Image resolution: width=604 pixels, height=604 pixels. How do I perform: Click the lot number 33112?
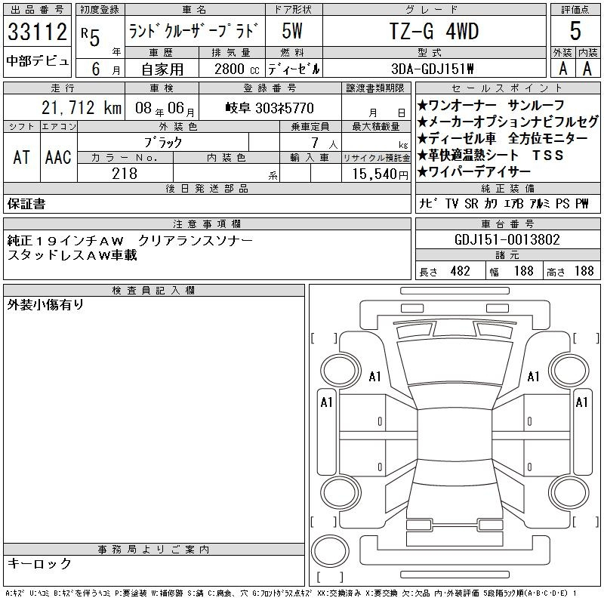tap(37, 31)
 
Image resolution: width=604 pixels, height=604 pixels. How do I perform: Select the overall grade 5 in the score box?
tap(575, 31)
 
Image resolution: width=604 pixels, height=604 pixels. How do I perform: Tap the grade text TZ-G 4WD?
tap(433, 31)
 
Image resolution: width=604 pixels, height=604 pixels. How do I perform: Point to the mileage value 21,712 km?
tap(82, 108)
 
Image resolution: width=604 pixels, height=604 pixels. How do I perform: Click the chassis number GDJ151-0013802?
tap(507, 239)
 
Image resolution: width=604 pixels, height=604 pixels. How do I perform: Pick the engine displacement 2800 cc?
tap(236, 69)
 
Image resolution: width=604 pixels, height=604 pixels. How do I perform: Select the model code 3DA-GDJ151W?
tap(432, 69)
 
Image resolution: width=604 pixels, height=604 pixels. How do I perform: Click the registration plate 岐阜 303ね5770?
tap(270, 108)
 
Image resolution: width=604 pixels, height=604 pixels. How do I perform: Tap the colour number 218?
tap(125, 174)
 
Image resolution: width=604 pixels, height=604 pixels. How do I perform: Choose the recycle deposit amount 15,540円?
tap(380, 174)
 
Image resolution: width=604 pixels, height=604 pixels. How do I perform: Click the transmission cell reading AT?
tap(21, 157)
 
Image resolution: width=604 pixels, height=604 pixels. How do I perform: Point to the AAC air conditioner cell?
tap(58, 157)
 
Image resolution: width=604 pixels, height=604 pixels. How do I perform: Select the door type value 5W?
tap(292, 31)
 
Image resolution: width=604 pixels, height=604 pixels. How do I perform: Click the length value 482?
tap(461, 271)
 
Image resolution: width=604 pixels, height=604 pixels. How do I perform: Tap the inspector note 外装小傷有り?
tap(45, 305)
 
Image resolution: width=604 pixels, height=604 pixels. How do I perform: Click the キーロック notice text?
tap(39, 563)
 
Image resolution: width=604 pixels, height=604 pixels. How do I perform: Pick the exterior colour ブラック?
tap(163, 143)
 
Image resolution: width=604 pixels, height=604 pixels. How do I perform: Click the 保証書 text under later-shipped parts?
tap(26, 204)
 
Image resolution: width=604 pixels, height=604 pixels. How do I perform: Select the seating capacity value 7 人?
tap(325, 143)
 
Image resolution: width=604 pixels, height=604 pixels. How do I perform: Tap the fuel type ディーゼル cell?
tap(294, 69)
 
